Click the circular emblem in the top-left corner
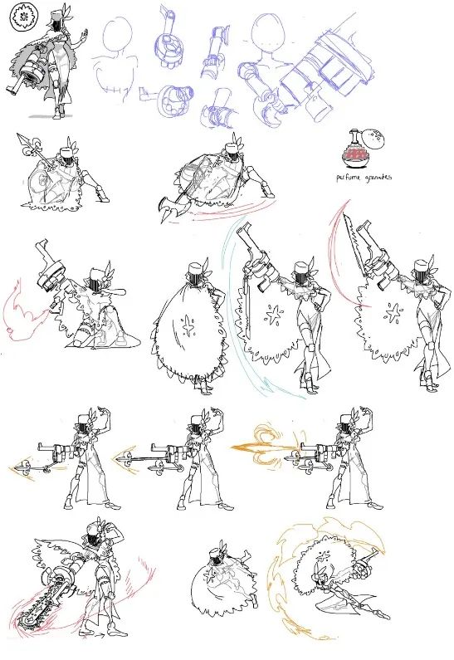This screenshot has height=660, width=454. (x=20, y=17)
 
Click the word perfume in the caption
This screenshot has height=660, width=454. (x=348, y=178)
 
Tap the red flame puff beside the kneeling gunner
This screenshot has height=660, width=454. (x=23, y=310)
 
